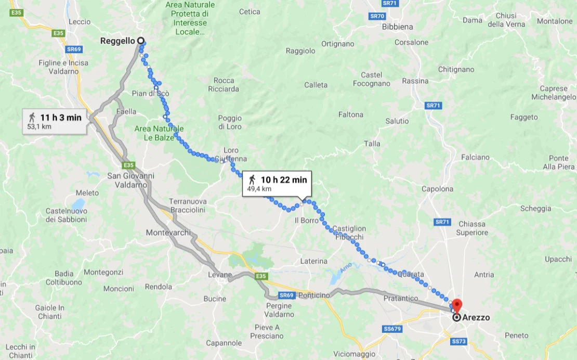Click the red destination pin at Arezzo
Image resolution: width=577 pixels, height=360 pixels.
[x=456, y=305]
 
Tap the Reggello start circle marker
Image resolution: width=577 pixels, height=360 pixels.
[x=140, y=41]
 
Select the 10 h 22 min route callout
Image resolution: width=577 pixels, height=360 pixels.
[x=277, y=184]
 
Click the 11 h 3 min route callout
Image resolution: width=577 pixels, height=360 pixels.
[x=54, y=121]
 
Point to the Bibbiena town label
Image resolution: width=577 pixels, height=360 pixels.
[x=397, y=27]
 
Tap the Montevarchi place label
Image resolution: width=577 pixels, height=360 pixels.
[x=168, y=233]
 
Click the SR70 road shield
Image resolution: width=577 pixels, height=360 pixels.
[x=377, y=16]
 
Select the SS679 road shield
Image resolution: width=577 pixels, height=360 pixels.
[x=392, y=329]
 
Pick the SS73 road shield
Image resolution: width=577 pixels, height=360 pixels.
[x=458, y=341]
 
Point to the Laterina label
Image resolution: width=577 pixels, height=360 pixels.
[x=314, y=261]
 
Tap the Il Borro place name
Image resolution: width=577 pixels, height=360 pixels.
[x=306, y=220]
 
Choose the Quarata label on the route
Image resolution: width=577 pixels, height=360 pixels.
[x=411, y=274]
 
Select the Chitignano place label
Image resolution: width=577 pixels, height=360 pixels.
[x=456, y=69]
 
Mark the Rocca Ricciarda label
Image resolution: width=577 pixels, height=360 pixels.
[x=224, y=84]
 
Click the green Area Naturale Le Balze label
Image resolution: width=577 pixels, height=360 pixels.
[x=159, y=133]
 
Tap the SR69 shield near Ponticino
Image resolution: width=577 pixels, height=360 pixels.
[x=286, y=295]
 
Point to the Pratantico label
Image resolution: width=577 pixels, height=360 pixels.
[x=401, y=299]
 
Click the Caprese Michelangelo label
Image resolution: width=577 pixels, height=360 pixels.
[x=553, y=93]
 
